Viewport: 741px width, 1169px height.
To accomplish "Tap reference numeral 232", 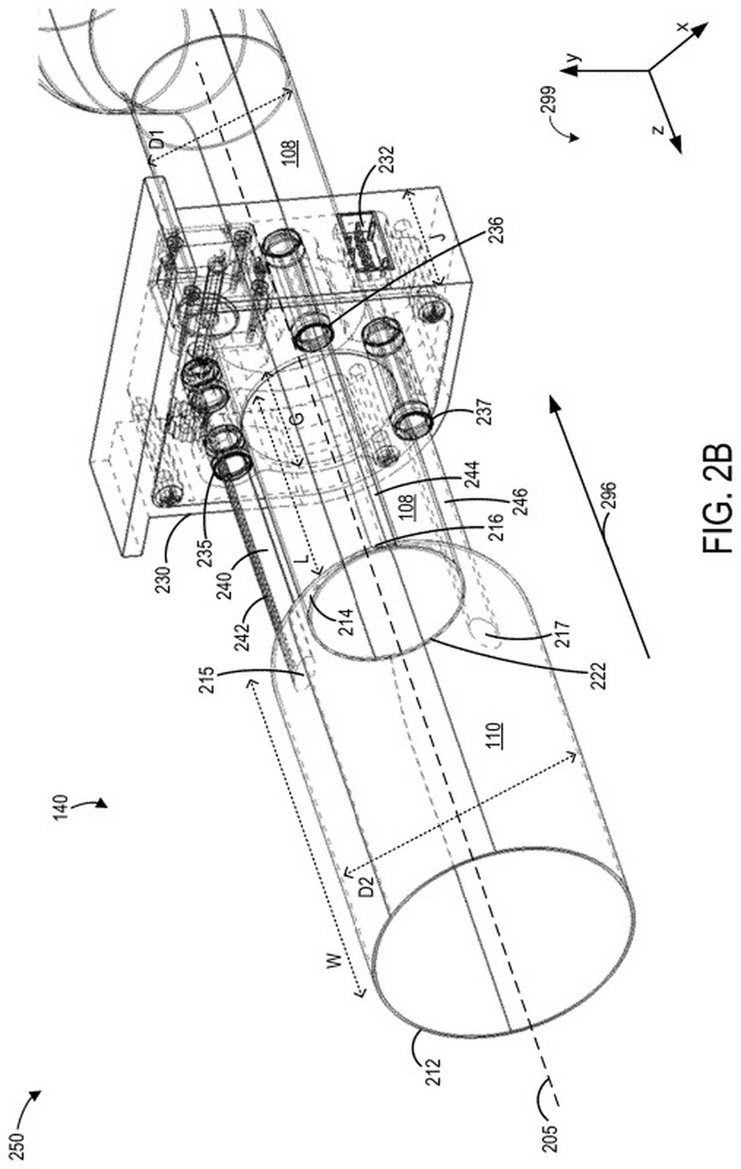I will (x=388, y=160).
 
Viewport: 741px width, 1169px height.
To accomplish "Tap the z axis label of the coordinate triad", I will (x=658, y=130).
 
